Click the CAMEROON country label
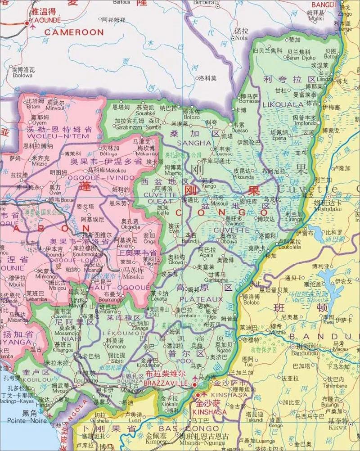[74, 32]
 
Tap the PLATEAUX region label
[201, 299]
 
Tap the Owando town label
[234, 223]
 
